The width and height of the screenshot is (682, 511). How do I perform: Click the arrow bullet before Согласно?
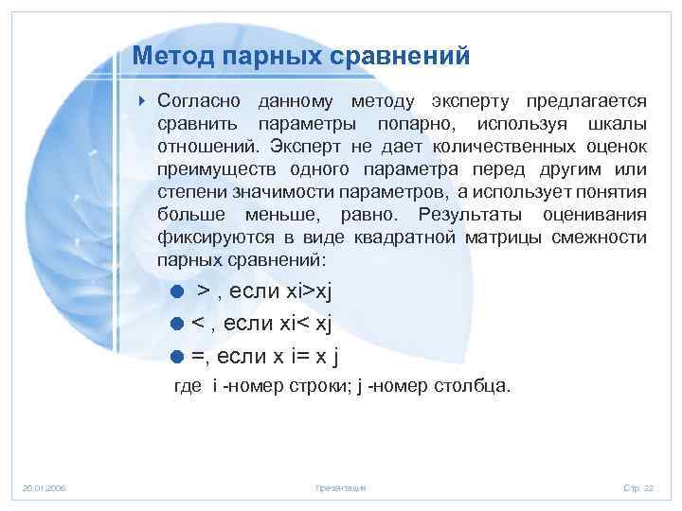(x=141, y=101)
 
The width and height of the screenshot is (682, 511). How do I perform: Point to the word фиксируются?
(x=209, y=237)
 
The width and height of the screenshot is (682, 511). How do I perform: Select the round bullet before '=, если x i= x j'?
(x=176, y=357)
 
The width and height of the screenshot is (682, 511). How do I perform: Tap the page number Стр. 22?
(x=637, y=487)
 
